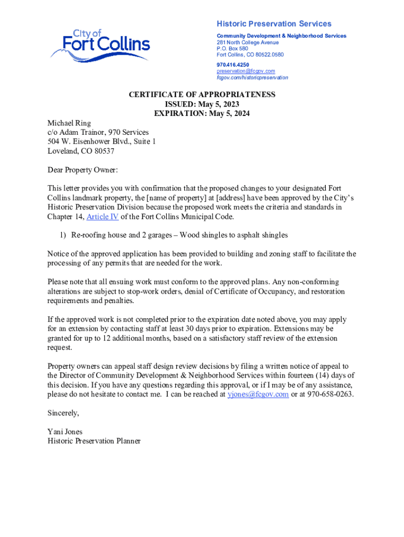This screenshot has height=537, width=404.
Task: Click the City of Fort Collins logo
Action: pyautogui.click(x=100, y=44)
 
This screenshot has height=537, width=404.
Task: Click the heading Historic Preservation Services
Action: pyautogui.click(x=274, y=24)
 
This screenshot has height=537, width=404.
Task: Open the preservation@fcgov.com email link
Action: pyautogui.click(x=246, y=71)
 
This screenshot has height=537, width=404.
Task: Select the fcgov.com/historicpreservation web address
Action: pyautogui.click(x=252, y=77)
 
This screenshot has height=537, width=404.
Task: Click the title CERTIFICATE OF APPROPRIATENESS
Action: pyautogui.click(x=202, y=94)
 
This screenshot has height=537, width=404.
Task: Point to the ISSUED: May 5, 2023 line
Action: pyautogui.click(x=202, y=104)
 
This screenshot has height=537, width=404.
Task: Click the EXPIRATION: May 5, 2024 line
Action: pyautogui.click(x=202, y=113)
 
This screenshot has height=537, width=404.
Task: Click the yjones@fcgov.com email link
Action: pyautogui.click(x=258, y=394)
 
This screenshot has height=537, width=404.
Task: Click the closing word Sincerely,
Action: pyautogui.click(x=63, y=413)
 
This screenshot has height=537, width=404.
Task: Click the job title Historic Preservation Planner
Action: pyautogui.click(x=94, y=442)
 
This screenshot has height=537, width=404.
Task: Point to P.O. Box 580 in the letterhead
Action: pyautogui.click(x=232, y=48)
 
